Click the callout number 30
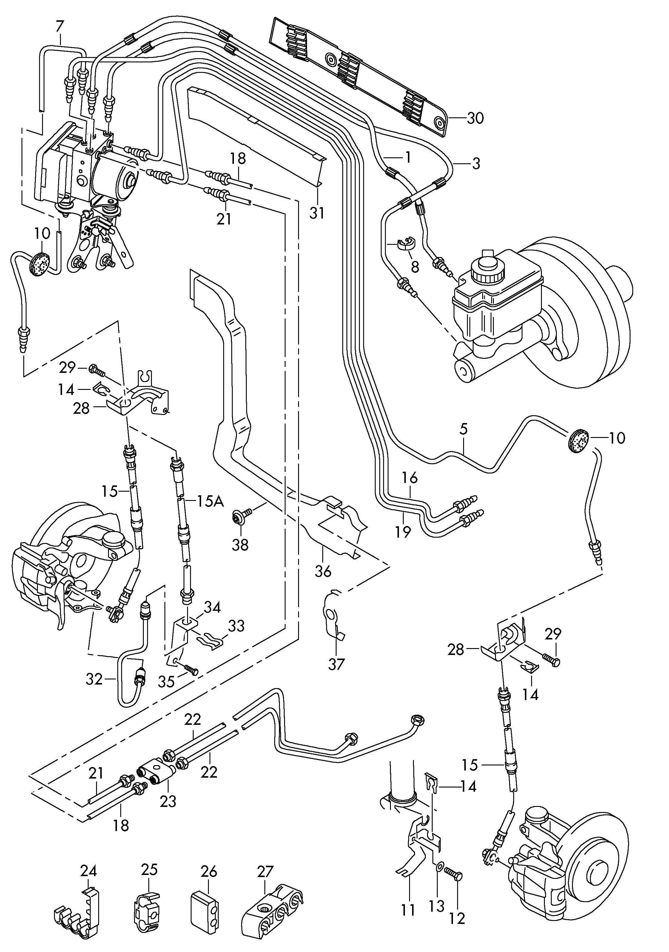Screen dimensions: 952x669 pyautogui.click(x=475, y=118)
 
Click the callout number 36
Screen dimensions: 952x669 pyautogui.click(x=323, y=571)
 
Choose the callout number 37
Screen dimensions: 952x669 pyautogui.click(x=336, y=664)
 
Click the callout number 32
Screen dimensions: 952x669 pyautogui.click(x=94, y=679)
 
